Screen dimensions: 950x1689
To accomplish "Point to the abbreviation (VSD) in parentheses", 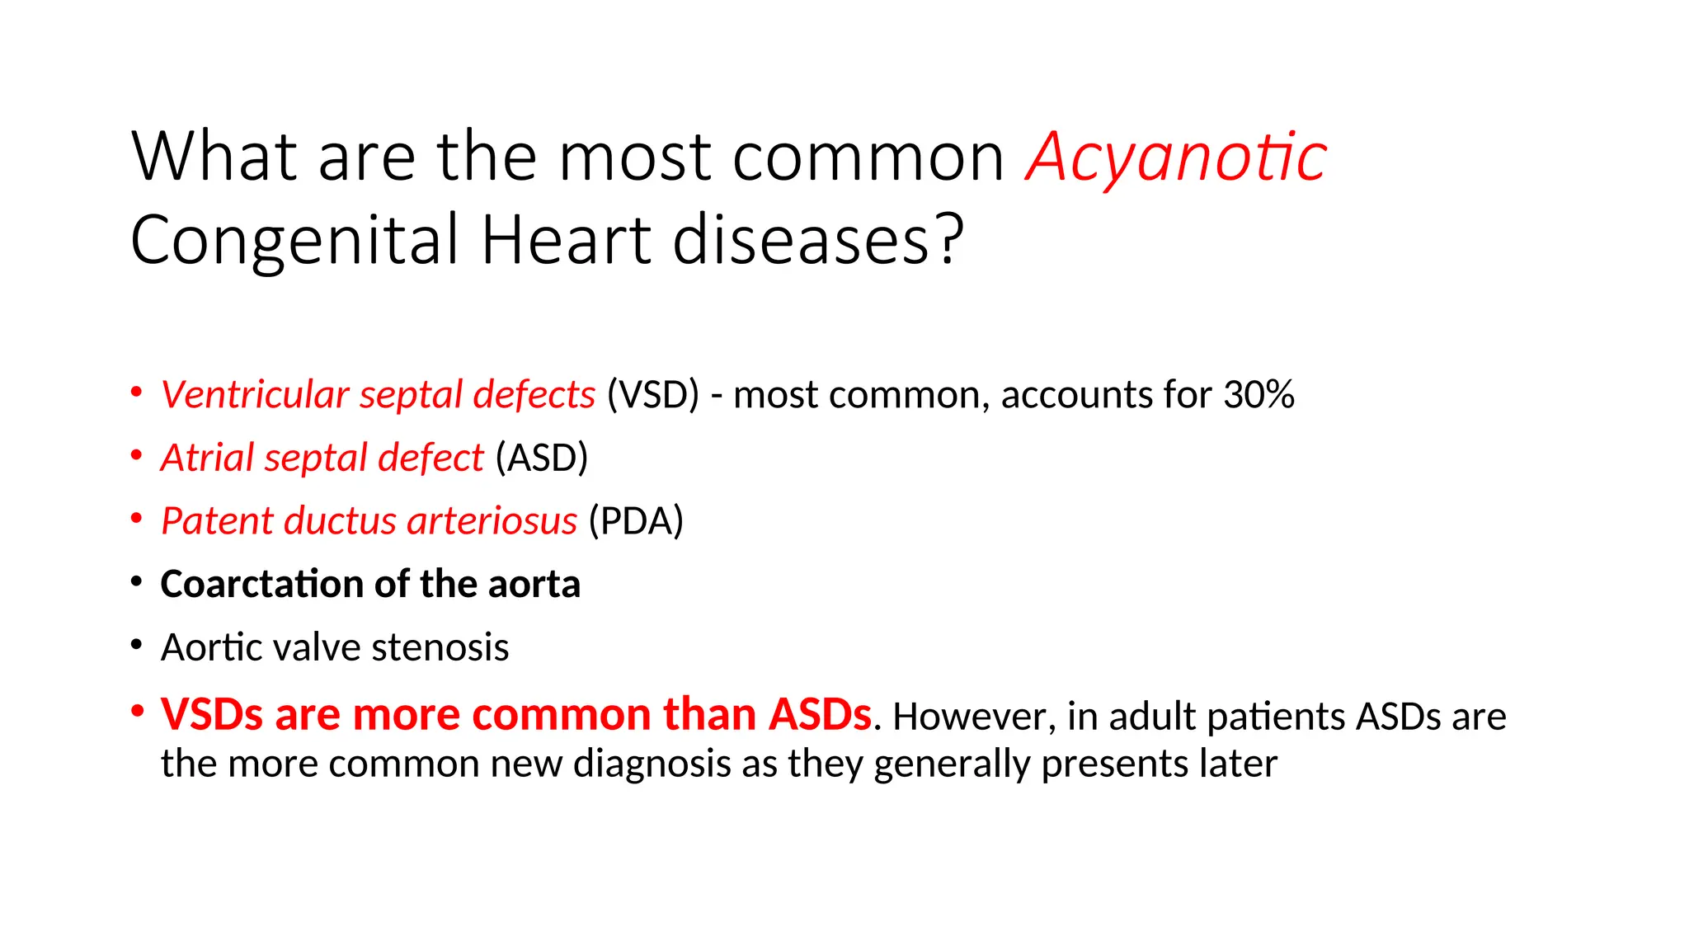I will pyautogui.click(x=652, y=395).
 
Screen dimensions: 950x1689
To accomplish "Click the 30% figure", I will pyautogui.click(x=1259, y=395).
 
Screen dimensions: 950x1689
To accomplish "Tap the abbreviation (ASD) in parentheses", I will pyautogui.click(x=542, y=458).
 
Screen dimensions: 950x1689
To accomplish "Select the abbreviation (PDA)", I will pyautogui.click(x=636, y=521).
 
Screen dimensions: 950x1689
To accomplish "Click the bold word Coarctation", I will pyautogui.click(x=261, y=585).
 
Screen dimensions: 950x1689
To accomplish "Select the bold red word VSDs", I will pyautogui.click(x=212, y=714).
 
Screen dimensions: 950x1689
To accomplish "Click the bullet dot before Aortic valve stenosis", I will pyautogui.click(x=137, y=644).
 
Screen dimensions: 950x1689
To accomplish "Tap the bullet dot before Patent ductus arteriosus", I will pyautogui.click(x=137, y=518).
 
